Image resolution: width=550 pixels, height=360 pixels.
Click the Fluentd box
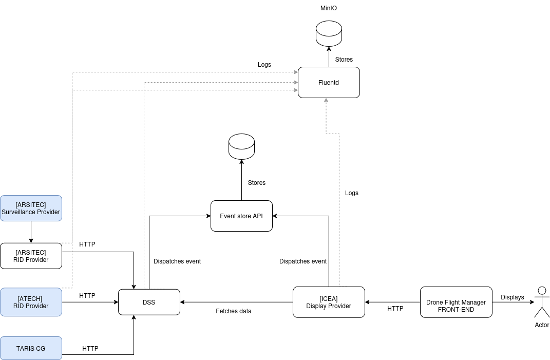pyautogui.click(x=329, y=82)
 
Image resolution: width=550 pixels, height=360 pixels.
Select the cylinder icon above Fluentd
pyautogui.click(x=329, y=34)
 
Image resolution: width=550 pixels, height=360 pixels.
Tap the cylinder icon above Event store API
pyautogui.click(x=241, y=147)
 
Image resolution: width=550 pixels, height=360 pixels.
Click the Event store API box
pyautogui.click(x=241, y=216)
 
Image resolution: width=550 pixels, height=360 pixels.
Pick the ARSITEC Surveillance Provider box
pyautogui.click(x=31, y=208)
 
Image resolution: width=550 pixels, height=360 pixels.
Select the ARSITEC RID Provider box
pyautogui.click(x=31, y=256)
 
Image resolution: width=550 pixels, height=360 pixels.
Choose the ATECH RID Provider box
pyautogui.click(x=31, y=302)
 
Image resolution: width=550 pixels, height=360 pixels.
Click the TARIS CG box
pyautogui.click(x=31, y=348)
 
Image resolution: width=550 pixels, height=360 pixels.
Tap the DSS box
pyautogui.click(x=149, y=302)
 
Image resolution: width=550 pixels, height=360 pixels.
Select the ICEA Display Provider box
pyautogui.click(x=329, y=302)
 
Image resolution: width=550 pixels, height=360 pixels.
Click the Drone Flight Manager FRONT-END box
pyautogui.click(x=456, y=302)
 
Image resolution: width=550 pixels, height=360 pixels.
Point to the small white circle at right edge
pyautogui.click(x=542, y=291)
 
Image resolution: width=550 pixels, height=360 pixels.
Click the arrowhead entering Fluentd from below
pyautogui.click(x=326, y=101)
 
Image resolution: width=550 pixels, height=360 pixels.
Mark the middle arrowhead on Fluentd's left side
pyautogui.click(x=296, y=82)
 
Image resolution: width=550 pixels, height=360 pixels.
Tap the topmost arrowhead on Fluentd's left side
pyautogui.click(x=296, y=72)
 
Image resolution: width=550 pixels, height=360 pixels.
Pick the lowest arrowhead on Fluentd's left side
pyautogui.click(x=296, y=90)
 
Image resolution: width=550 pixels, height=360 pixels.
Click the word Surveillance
pyautogui.click(x=22, y=212)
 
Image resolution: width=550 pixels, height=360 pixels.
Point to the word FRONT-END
pyautogui.click(x=456, y=310)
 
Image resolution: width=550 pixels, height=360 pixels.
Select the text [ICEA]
pyautogui.click(x=329, y=298)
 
